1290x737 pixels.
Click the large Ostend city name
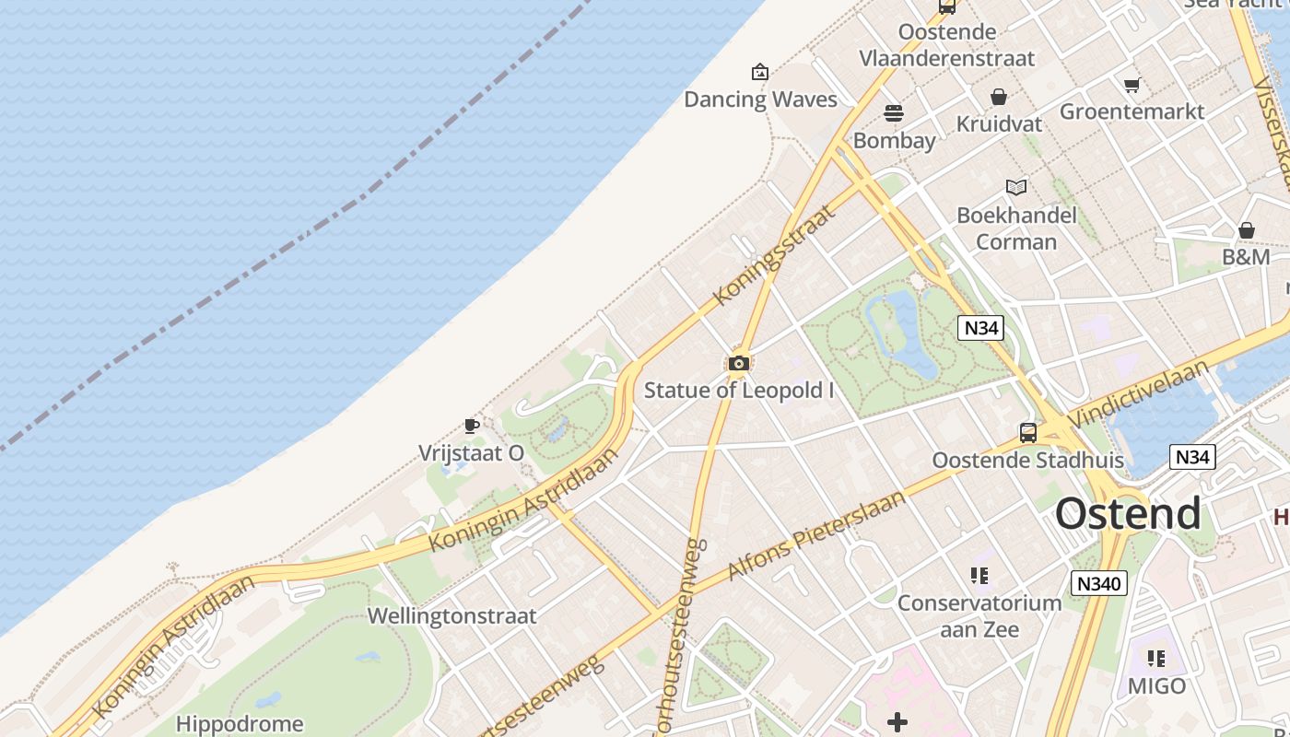click(1128, 513)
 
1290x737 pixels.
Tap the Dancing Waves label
click(760, 99)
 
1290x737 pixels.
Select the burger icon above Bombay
click(893, 113)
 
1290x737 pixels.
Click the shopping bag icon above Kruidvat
click(999, 97)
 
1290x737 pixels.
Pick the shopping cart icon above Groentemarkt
click(1132, 86)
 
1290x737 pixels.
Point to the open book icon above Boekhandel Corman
click(1016, 188)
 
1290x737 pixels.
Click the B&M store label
click(1246, 257)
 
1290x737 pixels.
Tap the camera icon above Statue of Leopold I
click(738, 363)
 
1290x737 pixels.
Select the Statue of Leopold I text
click(739, 390)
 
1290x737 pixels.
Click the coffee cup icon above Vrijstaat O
click(471, 426)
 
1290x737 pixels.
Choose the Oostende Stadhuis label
click(1027, 460)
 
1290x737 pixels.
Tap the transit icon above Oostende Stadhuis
click(1027, 432)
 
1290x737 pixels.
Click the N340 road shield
click(1099, 583)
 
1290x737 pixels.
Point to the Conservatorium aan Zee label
click(979, 616)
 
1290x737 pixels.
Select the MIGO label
click(1157, 685)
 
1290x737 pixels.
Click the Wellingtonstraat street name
click(451, 616)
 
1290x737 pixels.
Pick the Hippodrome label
click(240, 723)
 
